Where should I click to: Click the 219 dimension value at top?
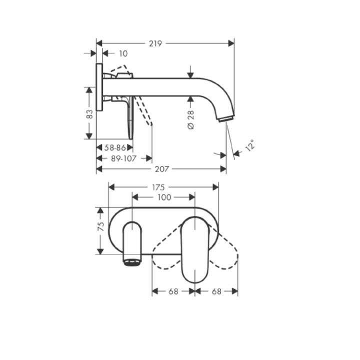[x=155, y=43]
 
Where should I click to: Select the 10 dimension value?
[x=123, y=53]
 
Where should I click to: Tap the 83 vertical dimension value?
[x=90, y=113]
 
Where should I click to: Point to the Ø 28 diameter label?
[x=191, y=120]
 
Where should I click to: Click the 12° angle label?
[x=249, y=145]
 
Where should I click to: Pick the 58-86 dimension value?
[x=115, y=147]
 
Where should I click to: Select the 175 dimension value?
[x=158, y=187]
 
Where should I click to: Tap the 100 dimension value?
[x=164, y=197]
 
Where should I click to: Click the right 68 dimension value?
[x=216, y=290]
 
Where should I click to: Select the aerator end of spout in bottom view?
[x=132, y=262]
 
